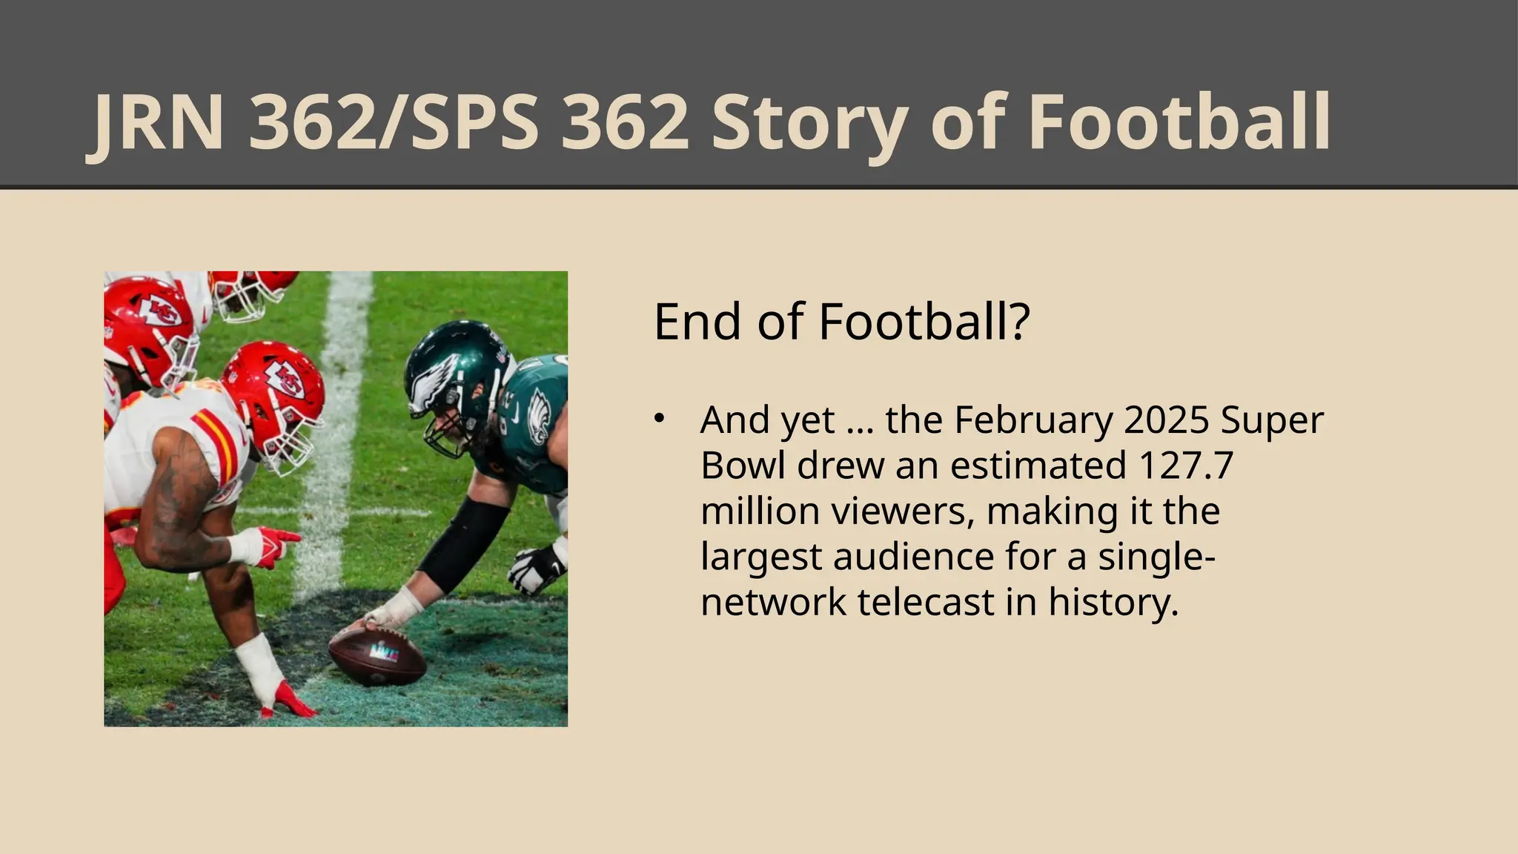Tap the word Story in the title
(809, 122)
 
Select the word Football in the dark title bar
(1179, 122)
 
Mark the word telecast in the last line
(926, 602)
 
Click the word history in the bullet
(1113, 602)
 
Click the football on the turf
(377, 655)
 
